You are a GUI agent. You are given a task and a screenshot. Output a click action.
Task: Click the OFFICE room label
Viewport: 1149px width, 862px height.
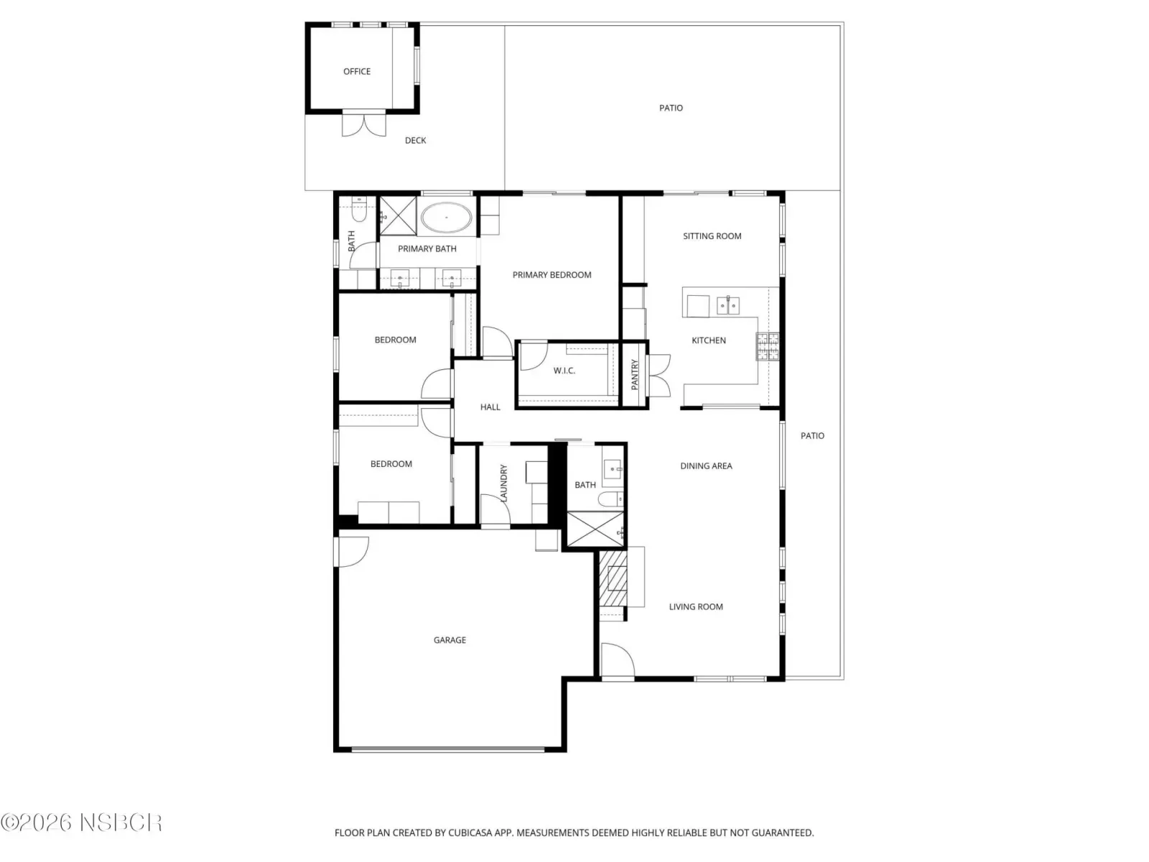[x=356, y=71]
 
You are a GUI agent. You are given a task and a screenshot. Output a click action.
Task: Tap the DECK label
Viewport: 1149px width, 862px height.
[x=415, y=140]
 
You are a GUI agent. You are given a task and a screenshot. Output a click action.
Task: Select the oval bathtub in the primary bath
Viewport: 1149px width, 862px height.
[x=446, y=217]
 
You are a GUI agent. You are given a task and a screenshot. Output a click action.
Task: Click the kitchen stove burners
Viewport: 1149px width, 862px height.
[x=767, y=346]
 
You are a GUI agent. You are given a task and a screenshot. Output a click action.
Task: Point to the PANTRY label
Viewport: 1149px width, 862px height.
[x=634, y=374]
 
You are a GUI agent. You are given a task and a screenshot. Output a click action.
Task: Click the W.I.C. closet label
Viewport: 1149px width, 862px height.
[x=564, y=371]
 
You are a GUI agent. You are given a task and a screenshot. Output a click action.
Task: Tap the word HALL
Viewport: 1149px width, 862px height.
[x=490, y=407]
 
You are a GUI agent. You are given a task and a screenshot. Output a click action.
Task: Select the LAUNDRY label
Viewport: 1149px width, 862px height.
[x=503, y=483]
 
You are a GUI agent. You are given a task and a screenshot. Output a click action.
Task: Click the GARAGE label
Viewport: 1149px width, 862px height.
[x=449, y=639]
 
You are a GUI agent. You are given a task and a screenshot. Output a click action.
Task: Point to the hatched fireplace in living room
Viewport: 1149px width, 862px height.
[x=613, y=578]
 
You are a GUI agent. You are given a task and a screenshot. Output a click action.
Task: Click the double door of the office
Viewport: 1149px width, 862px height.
[x=364, y=124]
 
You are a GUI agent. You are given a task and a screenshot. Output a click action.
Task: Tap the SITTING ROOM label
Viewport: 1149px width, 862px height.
[x=712, y=236]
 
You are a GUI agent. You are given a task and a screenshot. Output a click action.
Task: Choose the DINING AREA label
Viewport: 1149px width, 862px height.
[x=706, y=465]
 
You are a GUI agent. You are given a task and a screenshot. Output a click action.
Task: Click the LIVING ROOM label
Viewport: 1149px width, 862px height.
[x=696, y=606]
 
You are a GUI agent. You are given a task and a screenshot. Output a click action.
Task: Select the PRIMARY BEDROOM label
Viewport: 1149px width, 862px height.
[x=552, y=275]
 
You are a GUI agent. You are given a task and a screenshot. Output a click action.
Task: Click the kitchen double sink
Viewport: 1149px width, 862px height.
[x=727, y=305]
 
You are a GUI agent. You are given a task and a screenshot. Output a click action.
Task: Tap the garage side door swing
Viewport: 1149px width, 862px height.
[x=352, y=552]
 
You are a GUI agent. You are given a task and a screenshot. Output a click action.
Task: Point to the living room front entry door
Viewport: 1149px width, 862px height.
[x=618, y=660]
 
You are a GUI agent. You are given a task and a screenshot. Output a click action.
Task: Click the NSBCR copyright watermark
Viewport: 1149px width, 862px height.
[x=81, y=822]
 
